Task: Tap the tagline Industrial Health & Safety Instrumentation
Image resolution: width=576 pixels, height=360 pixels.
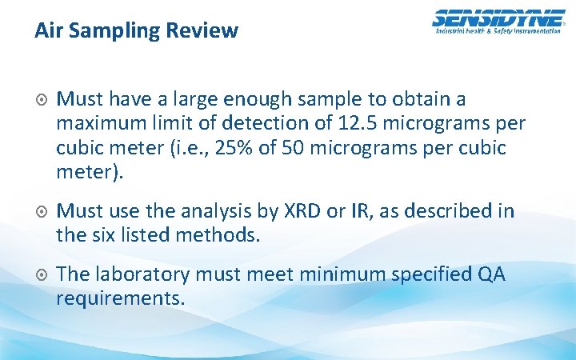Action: (x=498, y=30)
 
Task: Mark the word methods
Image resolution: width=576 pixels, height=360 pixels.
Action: (x=225, y=236)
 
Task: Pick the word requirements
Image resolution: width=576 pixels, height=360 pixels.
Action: (x=121, y=299)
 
